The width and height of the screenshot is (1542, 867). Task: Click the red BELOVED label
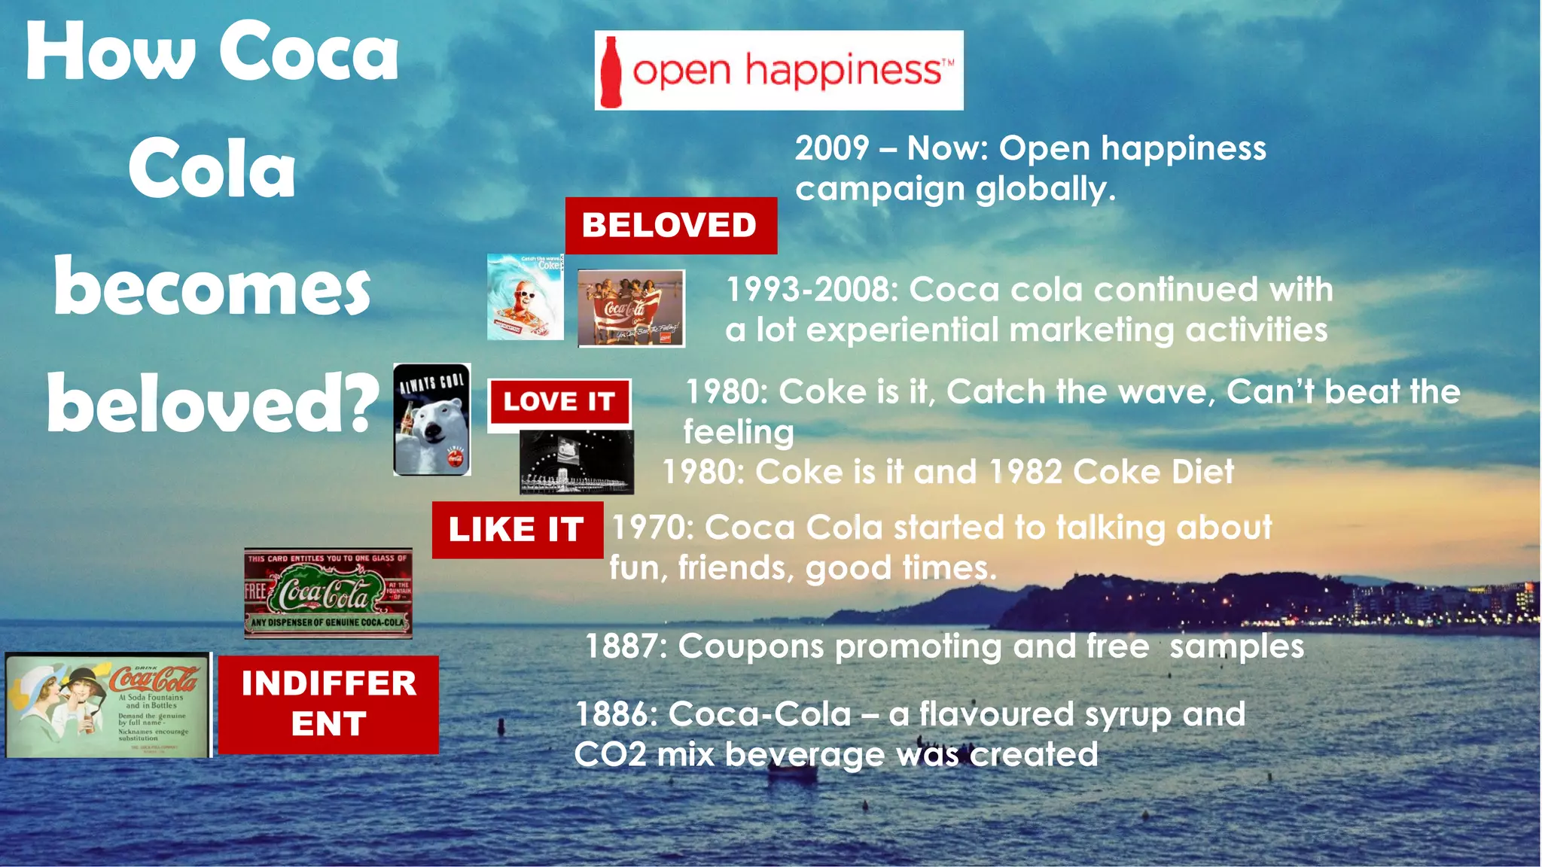click(x=670, y=225)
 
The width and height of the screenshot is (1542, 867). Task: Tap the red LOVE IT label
click(x=559, y=402)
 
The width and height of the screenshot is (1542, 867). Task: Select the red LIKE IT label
click(x=517, y=530)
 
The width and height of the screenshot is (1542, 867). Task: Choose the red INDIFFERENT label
click(x=328, y=704)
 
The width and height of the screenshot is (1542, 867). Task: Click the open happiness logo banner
click(x=779, y=71)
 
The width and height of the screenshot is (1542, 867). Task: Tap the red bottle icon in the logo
click(x=611, y=72)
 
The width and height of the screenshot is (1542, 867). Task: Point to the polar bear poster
click(x=432, y=419)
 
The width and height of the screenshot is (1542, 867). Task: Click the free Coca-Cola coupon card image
click(x=328, y=593)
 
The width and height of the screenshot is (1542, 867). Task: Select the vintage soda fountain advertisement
click(x=108, y=704)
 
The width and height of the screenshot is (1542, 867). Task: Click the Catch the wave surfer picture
click(x=525, y=297)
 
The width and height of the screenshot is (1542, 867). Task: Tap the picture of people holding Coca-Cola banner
click(x=631, y=308)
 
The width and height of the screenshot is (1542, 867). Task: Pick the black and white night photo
click(x=576, y=462)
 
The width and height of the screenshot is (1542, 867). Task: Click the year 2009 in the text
click(x=832, y=148)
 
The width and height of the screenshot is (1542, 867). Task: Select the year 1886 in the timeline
click(x=614, y=714)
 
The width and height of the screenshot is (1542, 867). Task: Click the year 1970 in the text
click(x=651, y=528)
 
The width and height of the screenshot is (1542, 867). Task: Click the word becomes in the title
click(x=212, y=287)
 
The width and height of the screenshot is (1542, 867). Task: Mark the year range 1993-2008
click(x=812, y=290)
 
